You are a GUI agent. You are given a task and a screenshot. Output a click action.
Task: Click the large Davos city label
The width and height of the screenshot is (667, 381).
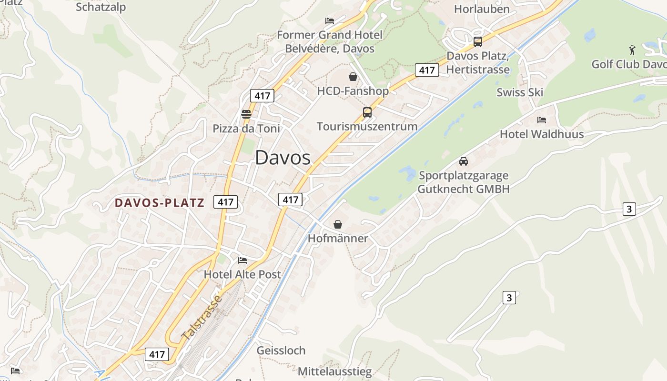(x=283, y=158)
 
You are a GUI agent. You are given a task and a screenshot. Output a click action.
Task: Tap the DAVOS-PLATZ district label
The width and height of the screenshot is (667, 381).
(x=159, y=203)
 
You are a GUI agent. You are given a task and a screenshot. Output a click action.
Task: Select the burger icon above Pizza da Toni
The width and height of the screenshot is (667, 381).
(x=246, y=114)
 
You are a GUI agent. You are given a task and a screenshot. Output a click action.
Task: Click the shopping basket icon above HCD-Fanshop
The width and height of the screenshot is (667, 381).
(x=353, y=77)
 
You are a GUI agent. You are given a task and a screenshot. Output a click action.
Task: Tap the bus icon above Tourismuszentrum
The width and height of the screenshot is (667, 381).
(x=367, y=112)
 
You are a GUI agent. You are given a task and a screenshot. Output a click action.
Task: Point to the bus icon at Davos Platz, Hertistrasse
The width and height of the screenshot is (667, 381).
(x=477, y=42)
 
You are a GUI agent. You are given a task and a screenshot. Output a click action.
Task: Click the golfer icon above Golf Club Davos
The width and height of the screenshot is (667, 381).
(x=632, y=50)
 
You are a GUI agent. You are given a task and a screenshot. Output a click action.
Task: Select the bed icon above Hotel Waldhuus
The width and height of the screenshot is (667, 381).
(x=541, y=120)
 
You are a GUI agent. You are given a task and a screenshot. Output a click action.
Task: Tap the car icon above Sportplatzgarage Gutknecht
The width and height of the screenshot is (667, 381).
(x=463, y=161)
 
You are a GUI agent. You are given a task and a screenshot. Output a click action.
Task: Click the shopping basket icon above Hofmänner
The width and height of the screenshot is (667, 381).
(x=338, y=224)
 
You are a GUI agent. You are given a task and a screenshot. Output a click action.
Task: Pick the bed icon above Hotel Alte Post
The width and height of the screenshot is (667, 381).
(x=242, y=261)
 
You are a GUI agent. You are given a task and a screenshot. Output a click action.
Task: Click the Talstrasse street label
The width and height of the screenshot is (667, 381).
(x=202, y=317)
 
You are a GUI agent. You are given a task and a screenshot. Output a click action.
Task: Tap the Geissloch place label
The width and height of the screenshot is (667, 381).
(x=281, y=351)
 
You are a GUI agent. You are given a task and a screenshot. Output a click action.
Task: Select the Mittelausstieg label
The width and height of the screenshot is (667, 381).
(x=334, y=371)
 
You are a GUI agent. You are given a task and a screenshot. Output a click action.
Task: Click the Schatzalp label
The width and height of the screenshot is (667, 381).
(x=101, y=7)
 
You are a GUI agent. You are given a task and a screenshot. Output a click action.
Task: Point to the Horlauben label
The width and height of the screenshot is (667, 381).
(x=482, y=9)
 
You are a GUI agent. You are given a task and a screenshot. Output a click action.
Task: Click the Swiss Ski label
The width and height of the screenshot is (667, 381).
(x=520, y=92)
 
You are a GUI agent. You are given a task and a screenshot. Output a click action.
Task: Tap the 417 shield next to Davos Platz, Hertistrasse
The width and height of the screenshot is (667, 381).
(x=426, y=70)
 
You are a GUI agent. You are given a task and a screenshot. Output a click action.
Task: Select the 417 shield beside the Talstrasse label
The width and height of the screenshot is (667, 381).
(x=157, y=354)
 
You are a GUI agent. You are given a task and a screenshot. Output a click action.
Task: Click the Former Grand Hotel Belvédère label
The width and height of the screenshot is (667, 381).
(x=330, y=41)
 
